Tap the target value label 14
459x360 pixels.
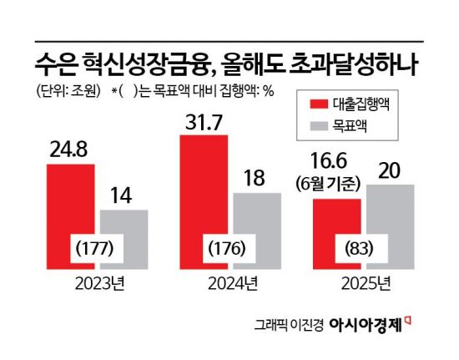tap(124, 196)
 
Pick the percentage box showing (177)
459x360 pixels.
tap(98, 249)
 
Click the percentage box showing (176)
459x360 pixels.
tap(231, 249)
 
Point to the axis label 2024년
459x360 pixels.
tap(231, 285)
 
